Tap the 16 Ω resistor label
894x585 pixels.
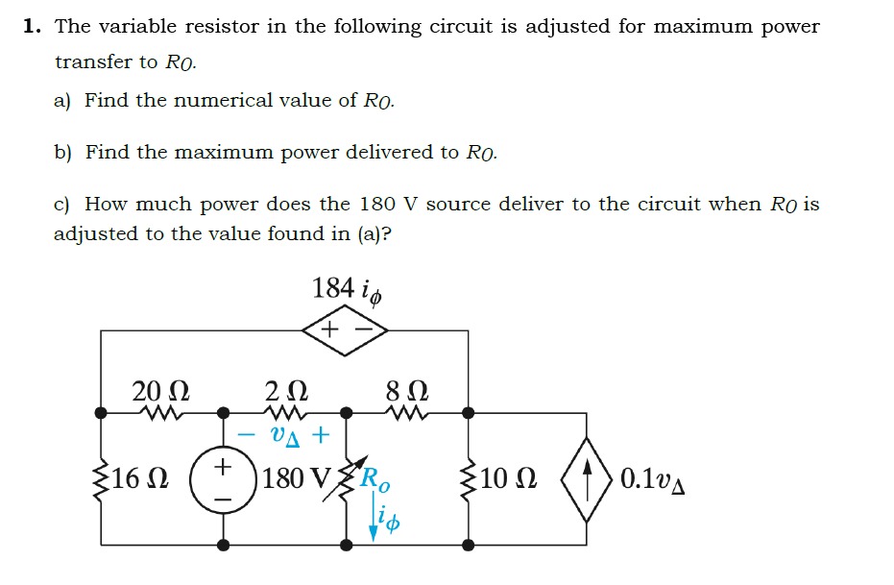(141, 477)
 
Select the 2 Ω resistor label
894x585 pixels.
(286, 391)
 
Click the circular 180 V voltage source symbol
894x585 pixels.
(223, 478)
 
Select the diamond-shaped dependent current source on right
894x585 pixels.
(586, 477)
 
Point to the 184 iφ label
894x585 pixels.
(348, 288)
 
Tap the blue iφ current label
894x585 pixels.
(389, 523)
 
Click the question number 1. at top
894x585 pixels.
(32, 26)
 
